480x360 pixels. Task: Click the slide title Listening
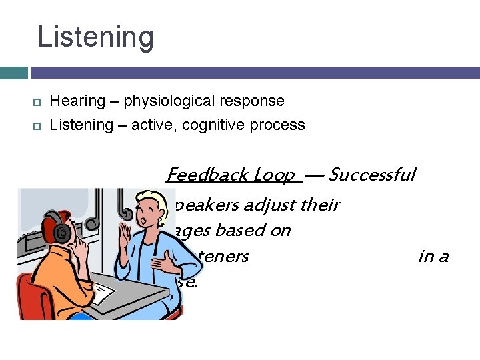[95, 37]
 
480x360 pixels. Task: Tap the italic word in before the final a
[425, 256]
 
